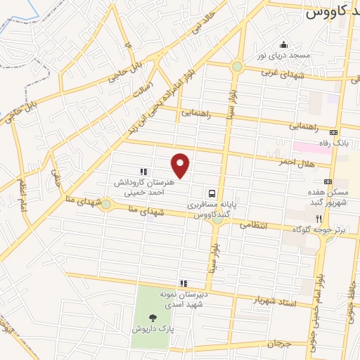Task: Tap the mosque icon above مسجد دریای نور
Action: tap(284, 44)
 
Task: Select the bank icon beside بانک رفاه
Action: tap(333, 131)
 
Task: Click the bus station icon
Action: tap(212, 193)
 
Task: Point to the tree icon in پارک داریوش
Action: tap(154, 317)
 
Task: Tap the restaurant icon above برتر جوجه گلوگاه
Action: tap(319, 219)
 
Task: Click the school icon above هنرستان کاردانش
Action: tap(143, 171)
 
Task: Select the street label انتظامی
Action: tap(255, 225)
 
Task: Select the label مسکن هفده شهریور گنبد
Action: tap(319, 197)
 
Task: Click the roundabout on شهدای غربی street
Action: tap(237, 67)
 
